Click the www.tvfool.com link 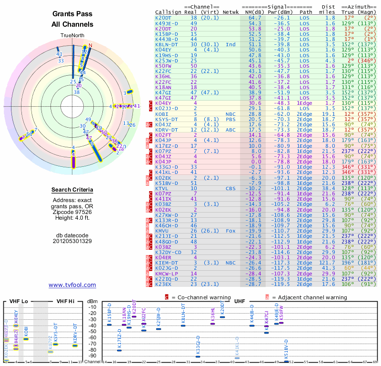(72, 285)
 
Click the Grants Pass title (72, 14)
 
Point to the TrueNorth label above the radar (72, 35)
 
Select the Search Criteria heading (72, 190)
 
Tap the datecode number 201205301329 (72, 241)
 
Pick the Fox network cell (231, 231)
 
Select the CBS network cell (231, 188)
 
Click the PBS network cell (231, 119)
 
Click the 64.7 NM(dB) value (254, 18)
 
